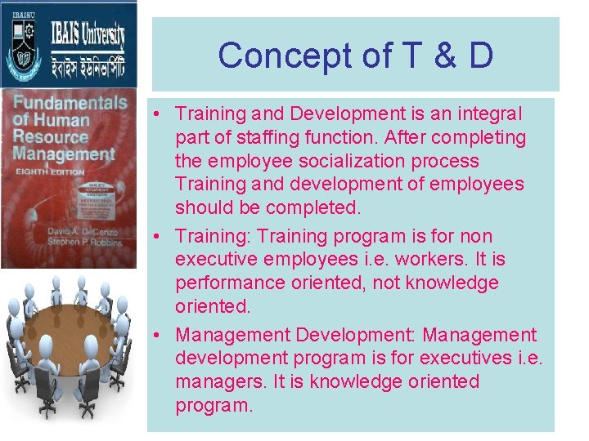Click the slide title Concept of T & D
pos(355,56)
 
